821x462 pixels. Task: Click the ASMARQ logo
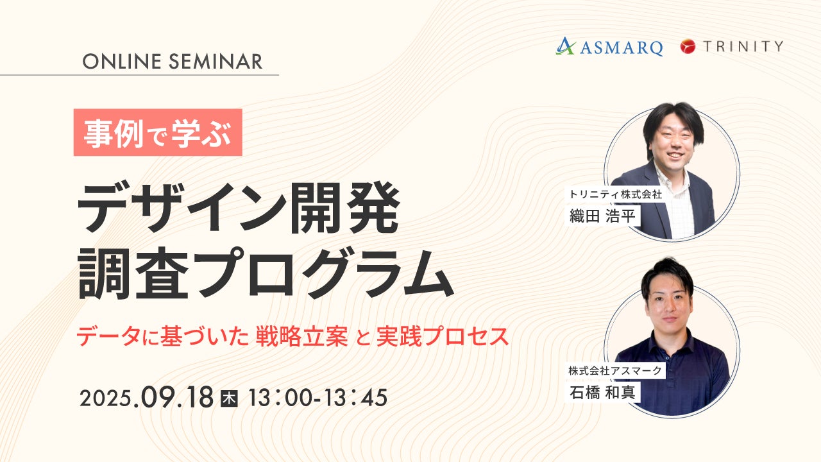(x=609, y=47)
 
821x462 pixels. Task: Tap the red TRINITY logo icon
(x=688, y=47)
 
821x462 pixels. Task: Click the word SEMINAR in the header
(x=216, y=61)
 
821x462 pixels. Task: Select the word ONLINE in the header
(x=122, y=61)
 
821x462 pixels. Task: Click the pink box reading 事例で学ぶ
(x=158, y=132)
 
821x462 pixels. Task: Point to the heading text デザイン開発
(x=238, y=207)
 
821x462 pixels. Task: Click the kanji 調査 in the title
(x=133, y=273)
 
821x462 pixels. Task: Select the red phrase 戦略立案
(x=302, y=336)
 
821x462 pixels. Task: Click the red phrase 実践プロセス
(x=443, y=336)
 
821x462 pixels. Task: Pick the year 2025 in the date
(x=106, y=398)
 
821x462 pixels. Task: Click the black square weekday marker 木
(x=229, y=398)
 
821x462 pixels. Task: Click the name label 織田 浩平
(x=602, y=216)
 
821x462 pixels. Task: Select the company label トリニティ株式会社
(x=615, y=194)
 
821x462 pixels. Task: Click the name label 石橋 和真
(x=602, y=392)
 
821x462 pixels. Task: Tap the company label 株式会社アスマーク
(x=615, y=371)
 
